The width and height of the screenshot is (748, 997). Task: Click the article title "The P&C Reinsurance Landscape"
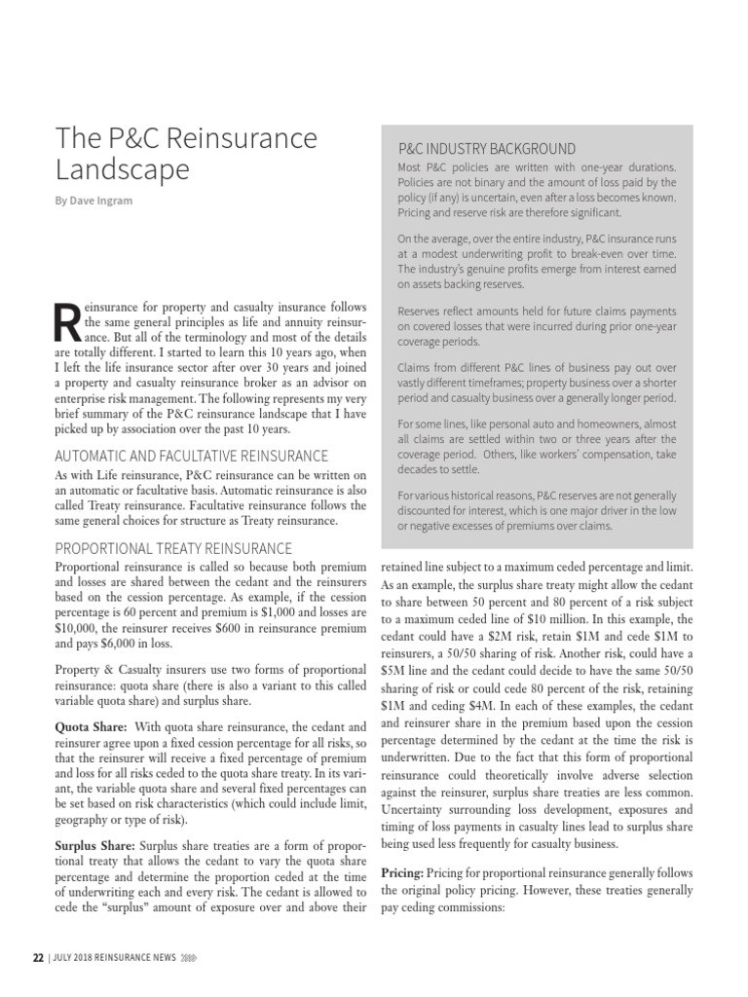(185, 155)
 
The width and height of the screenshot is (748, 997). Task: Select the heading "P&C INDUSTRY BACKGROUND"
(487, 149)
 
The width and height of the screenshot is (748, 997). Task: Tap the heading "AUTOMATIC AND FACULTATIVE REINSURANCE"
(191, 456)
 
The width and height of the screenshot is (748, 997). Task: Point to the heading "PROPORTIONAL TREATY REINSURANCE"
(173, 548)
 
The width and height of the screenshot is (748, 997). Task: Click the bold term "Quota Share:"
(91, 726)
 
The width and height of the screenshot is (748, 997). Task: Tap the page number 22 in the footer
(38, 957)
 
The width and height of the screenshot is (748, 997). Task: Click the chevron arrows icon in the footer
(190, 957)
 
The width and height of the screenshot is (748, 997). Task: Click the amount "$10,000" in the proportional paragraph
(76, 629)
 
